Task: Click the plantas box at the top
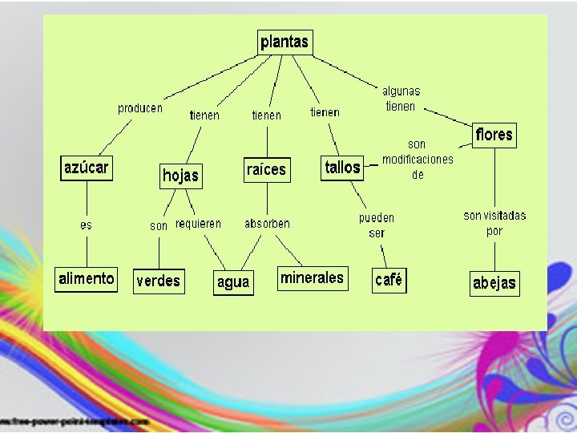(284, 42)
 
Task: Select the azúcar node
(87, 168)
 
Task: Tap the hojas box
(180, 175)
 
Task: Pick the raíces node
(266, 169)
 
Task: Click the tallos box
(342, 168)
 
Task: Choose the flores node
(493, 135)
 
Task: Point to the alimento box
(87, 279)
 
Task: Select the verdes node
(159, 281)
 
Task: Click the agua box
(233, 282)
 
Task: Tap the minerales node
(312, 278)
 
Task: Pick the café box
(389, 281)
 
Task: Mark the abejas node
(494, 283)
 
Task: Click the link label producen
(140, 108)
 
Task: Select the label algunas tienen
(401, 99)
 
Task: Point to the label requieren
(198, 224)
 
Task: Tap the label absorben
(267, 224)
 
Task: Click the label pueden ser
(377, 225)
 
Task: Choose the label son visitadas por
(494, 222)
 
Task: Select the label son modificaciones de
(418, 159)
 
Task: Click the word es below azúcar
(86, 225)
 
